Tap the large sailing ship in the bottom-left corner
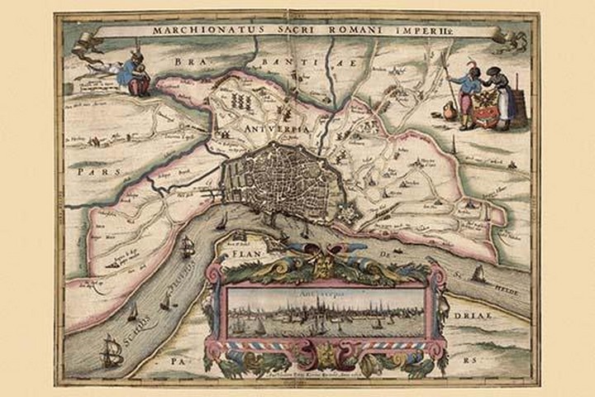(x=111, y=353)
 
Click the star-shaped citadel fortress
(x=350, y=212)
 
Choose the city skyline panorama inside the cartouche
(x=327, y=313)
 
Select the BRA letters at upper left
(x=188, y=62)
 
